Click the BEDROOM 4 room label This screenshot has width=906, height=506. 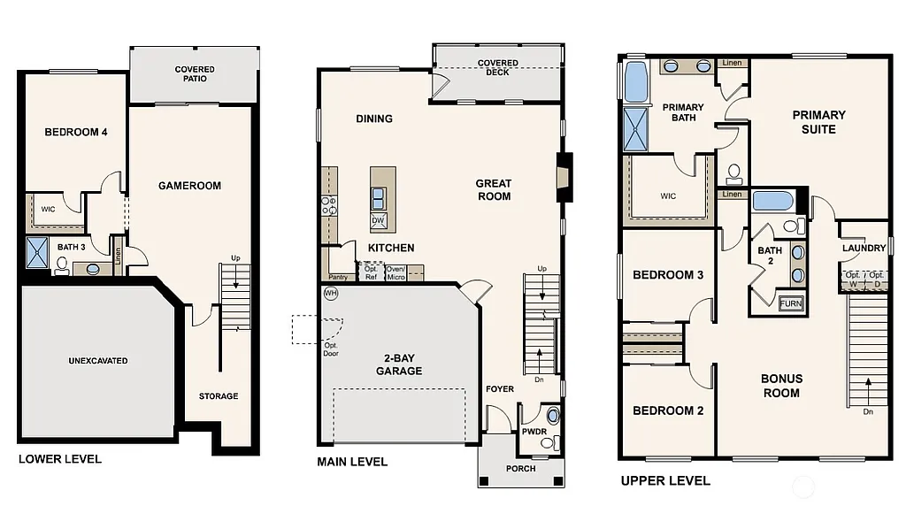(x=76, y=133)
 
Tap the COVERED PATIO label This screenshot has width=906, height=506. (x=195, y=74)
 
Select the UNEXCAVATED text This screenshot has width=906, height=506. (x=98, y=361)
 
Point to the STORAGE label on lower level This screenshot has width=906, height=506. (x=218, y=396)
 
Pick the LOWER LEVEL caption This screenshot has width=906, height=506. (x=60, y=459)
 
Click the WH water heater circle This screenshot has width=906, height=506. (x=331, y=294)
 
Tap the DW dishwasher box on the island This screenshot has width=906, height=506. (x=378, y=220)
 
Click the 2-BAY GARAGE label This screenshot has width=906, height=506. (x=398, y=364)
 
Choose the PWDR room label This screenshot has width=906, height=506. (x=534, y=433)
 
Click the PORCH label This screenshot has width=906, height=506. (x=521, y=468)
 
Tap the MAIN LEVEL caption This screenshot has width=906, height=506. (x=352, y=462)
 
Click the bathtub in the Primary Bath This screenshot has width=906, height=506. (x=635, y=82)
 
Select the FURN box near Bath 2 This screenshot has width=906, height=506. (x=791, y=303)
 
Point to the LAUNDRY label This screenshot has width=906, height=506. (x=864, y=249)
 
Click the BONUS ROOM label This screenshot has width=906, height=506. (x=781, y=386)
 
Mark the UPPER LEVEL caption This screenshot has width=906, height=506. (x=665, y=481)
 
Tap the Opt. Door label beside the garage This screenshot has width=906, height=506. (x=331, y=350)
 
